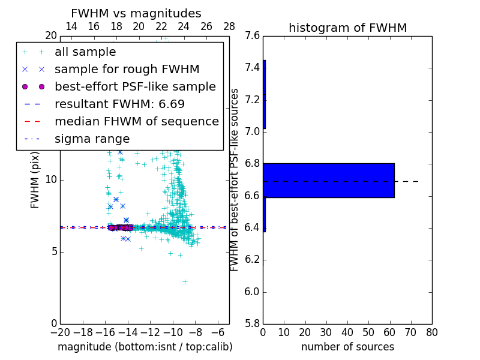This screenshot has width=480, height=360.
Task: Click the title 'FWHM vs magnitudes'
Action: (x=136, y=14)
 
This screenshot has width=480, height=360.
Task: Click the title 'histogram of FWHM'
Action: (x=347, y=28)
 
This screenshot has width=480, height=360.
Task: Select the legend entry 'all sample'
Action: (x=85, y=52)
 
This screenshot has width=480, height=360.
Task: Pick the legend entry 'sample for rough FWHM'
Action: (x=127, y=70)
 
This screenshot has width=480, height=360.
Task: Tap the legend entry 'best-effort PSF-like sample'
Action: (x=135, y=87)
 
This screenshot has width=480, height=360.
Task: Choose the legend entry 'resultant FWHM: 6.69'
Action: (x=119, y=104)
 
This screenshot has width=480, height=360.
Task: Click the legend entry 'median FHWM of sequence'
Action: (x=136, y=122)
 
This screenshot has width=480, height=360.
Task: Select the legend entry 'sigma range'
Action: (x=92, y=139)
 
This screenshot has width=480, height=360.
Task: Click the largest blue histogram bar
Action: (x=329, y=180)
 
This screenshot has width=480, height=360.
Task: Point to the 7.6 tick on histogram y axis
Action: (x=253, y=35)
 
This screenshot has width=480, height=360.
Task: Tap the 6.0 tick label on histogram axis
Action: (x=253, y=292)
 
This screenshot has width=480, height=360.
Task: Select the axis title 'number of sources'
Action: (x=347, y=347)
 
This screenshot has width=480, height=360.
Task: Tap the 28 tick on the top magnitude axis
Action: (x=229, y=26)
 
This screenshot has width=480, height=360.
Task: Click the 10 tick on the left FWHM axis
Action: (x=51, y=180)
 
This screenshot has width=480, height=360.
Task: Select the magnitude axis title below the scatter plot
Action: (x=145, y=347)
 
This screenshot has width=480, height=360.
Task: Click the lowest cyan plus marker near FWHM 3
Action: (x=185, y=281)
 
